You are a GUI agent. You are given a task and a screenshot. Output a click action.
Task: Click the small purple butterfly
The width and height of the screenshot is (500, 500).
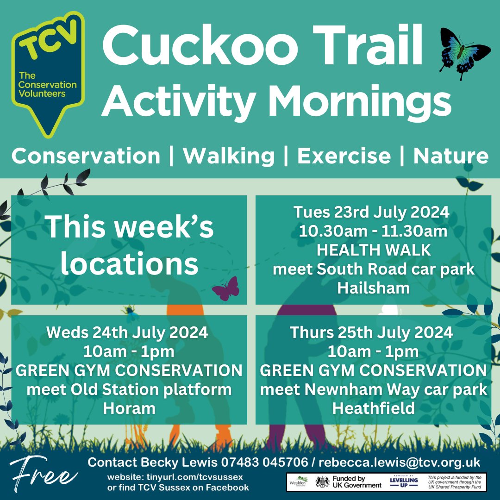(226, 289)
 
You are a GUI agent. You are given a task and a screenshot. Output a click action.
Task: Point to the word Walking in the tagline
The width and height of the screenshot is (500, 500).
(229, 156)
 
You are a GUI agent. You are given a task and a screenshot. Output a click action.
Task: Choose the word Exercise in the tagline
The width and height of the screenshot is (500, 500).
(344, 156)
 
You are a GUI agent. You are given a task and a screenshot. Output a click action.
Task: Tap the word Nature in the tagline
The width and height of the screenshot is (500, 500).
(450, 156)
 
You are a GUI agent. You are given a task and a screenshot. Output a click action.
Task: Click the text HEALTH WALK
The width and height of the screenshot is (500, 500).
(373, 250)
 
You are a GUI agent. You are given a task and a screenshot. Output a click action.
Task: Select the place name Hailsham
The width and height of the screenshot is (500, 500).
(373, 288)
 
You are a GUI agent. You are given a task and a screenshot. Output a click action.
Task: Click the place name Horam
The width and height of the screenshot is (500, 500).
(129, 408)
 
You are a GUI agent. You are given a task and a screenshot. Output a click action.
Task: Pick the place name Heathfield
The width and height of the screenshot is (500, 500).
(373, 408)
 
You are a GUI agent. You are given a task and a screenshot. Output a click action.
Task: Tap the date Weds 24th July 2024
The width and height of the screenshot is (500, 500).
(129, 332)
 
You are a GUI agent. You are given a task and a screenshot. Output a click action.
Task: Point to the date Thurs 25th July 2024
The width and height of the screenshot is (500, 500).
(373, 332)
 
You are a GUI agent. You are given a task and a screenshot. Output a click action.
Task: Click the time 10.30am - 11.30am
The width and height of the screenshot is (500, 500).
(373, 231)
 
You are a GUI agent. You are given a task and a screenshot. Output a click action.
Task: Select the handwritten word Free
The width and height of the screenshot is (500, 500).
(43, 473)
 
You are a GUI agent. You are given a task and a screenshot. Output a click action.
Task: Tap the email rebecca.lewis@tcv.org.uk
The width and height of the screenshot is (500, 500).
(400, 462)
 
